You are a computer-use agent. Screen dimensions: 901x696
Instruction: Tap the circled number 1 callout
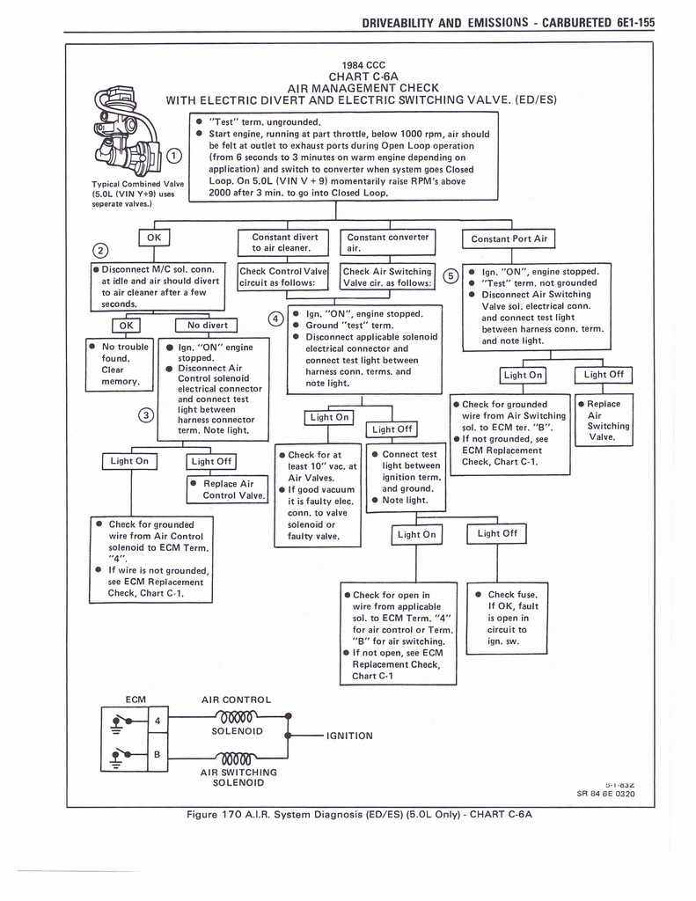pyautogui.click(x=174, y=156)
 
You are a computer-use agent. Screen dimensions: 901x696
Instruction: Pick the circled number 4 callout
pyautogui.click(x=275, y=318)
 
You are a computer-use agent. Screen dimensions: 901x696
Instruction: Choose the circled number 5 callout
pyautogui.click(x=451, y=276)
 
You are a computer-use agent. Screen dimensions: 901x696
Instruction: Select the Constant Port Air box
pyautogui.click(x=509, y=238)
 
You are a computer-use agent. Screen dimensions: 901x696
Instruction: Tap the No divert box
pyautogui.click(x=207, y=325)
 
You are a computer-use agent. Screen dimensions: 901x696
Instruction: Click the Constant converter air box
pyautogui.click(x=388, y=242)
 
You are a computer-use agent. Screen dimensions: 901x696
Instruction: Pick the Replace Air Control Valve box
pyautogui.click(x=228, y=489)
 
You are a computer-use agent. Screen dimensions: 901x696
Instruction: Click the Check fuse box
pyautogui.click(x=512, y=618)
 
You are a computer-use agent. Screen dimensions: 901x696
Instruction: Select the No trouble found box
pyautogui.click(x=120, y=364)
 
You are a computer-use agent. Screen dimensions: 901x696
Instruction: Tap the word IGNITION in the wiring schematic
pyautogui.click(x=349, y=736)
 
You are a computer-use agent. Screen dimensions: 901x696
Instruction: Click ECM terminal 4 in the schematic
pyautogui.click(x=157, y=721)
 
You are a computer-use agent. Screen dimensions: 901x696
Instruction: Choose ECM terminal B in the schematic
pyautogui.click(x=157, y=754)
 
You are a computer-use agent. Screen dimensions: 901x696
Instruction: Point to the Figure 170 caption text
pyautogui.click(x=360, y=814)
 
